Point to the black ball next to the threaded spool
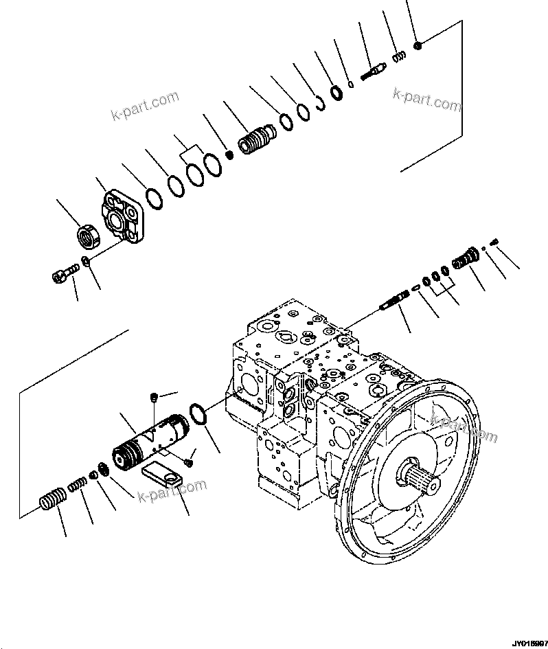pyautogui.click(x=229, y=153)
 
